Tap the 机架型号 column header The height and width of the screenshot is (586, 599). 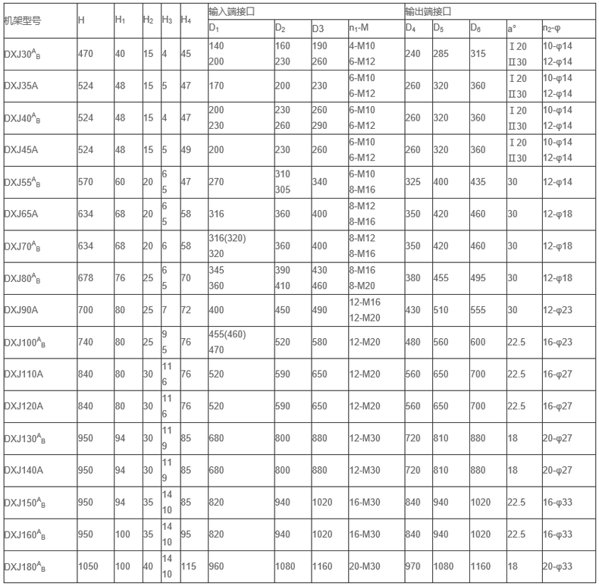(x=23, y=20)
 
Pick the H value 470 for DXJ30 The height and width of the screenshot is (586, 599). (x=87, y=54)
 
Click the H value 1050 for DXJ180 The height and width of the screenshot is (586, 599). (x=90, y=567)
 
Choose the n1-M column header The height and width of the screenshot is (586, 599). (x=364, y=29)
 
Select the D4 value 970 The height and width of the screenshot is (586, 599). (x=413, y=567)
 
